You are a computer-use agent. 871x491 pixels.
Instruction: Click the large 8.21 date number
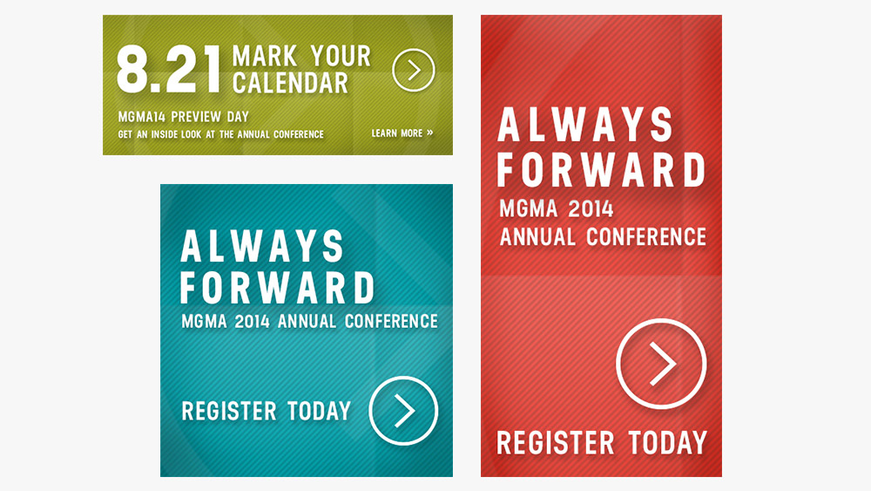tap(169, 69)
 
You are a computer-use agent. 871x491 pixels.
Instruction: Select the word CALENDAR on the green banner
tap(290, 83)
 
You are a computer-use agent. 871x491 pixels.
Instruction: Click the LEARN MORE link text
tap(402, 133)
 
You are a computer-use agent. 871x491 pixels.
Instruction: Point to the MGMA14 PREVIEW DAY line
tap(183, 117)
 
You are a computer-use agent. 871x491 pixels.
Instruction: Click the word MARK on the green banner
tap(265, 56)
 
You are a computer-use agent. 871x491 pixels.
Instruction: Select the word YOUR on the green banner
tap(340, 56)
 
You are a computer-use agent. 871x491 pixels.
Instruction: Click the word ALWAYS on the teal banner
tap(262, 246)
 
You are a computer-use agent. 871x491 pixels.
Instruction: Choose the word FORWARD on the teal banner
tap(277, 288)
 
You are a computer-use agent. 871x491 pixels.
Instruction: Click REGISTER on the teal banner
tap(229, 411)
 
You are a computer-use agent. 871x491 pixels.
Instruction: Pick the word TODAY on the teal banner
tap(320, 411)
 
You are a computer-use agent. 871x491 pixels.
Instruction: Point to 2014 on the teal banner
tap(252, 322)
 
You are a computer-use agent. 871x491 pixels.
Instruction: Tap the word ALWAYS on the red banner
tap(585, 125)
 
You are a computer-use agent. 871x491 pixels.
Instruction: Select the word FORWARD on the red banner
tap(601, 169)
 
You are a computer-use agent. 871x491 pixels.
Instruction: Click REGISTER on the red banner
tap(556, 443)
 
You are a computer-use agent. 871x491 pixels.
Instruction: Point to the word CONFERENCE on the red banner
tap(646, 237)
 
